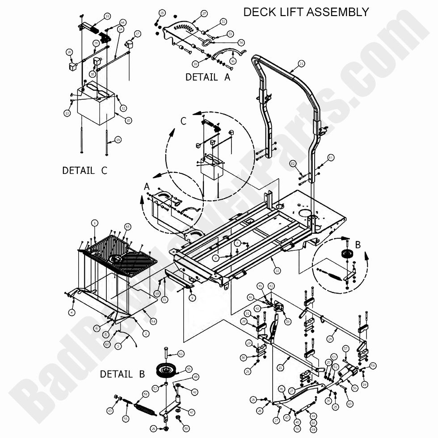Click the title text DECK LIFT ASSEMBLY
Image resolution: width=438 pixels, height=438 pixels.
[x=306, y=12]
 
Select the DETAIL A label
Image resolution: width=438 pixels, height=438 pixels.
[x=208, y=77]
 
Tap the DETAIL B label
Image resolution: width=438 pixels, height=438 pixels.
[x=122, y=374]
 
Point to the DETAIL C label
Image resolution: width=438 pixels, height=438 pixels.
[x=84, y=170]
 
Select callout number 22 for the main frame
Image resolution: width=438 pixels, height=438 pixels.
[x=277, y=270]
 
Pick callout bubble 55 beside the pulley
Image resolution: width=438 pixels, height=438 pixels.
[x=189, y=369]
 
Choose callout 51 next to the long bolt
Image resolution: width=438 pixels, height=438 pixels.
[x=181, y=354]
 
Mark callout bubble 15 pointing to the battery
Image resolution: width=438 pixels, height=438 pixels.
[x=128, y=120]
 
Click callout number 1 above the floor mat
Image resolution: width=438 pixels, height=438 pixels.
[x=94, y=223]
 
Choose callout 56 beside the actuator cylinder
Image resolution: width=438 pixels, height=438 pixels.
[x=354, y=388]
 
